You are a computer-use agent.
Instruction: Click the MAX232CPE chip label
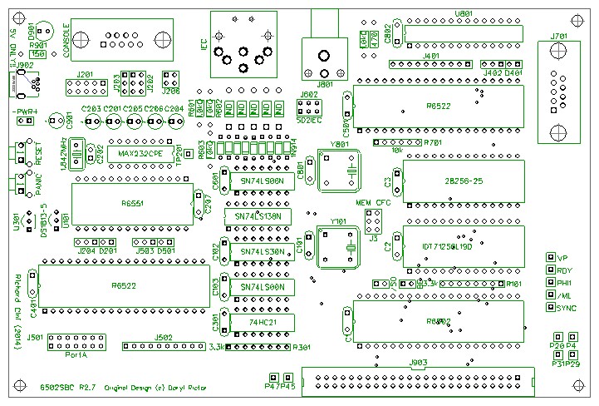click(x=138, y=155)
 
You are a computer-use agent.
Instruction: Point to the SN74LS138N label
click(x=258, y=215)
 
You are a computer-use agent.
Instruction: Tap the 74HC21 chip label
click(x=262, y=320)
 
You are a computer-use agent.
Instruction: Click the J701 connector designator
click(x=559, y=36)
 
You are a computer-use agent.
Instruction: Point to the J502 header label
click(x=164, y=337)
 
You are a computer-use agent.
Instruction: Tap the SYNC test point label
click(x=567, y=308)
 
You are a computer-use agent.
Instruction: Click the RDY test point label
click(x=565, y=270)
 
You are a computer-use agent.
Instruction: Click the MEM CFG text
click(x=373, y=203)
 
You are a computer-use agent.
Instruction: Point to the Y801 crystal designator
click(x=339, y=144)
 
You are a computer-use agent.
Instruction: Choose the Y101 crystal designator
click(x=339, y=222)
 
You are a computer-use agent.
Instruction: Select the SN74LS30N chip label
click(x=262, y=250)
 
